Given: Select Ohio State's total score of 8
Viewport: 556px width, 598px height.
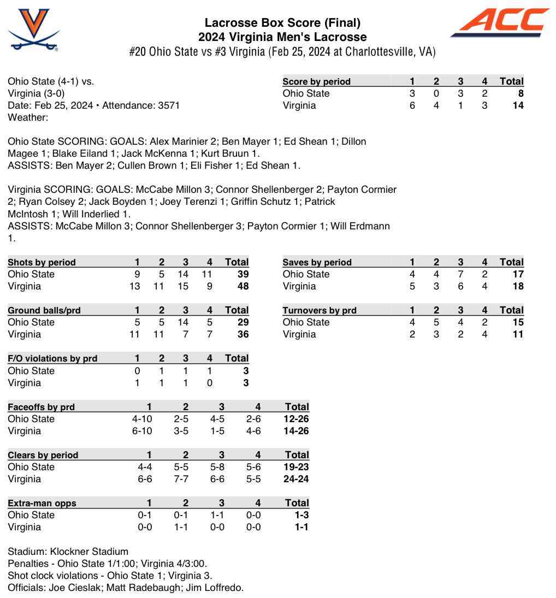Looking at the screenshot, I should point(520,93).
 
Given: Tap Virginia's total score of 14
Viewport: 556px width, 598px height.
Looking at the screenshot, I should point(518,105).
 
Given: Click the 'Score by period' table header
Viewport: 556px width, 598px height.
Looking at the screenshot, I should point(316,81).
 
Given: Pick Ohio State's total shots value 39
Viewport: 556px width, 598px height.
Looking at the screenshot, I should point(242,274).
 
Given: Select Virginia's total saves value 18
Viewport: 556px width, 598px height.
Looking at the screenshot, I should point(518,286).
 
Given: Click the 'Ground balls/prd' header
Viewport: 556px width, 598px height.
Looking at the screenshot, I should point(44,310).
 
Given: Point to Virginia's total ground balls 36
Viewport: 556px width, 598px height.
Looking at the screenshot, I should point(242,334).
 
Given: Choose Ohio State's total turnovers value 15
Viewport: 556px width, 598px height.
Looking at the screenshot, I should point(518,322).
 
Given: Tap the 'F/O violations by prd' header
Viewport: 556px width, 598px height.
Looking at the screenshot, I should point(52,359).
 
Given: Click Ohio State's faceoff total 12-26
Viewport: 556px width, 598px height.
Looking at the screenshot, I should point(297,419).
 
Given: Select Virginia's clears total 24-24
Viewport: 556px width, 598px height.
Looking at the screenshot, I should point(297,479).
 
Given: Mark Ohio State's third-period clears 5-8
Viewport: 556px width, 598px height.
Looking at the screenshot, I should point(221,467).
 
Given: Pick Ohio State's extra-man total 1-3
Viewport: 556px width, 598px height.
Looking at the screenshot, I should point(300,515).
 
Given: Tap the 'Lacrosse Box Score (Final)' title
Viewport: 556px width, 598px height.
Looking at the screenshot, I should point(282,23).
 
